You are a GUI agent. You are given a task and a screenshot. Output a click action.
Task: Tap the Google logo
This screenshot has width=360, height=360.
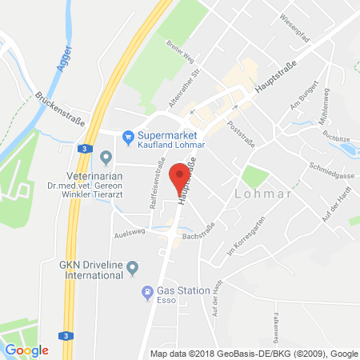coord(26,350)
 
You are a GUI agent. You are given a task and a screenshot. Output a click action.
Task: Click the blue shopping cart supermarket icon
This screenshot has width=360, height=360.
coord(127,136)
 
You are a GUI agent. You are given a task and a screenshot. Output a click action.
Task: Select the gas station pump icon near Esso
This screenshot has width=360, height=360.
coord(146,292)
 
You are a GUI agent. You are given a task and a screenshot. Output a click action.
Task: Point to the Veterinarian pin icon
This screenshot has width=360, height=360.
coord(107,156)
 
